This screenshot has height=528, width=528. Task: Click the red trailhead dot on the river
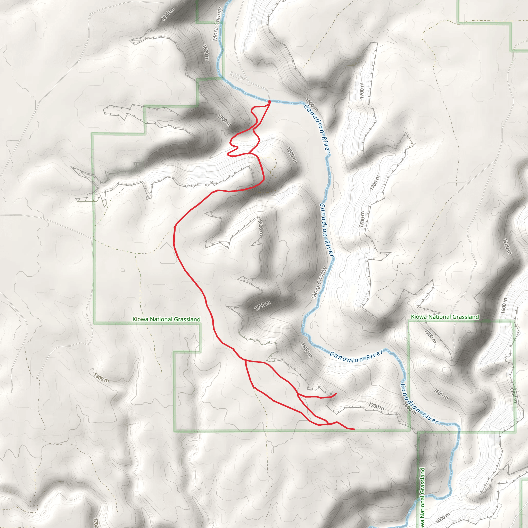[269, 102]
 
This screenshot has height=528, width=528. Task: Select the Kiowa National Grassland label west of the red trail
[166, 319]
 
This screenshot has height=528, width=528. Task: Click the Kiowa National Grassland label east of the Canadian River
[445, 317]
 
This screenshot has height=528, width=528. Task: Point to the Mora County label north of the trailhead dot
[218, 24]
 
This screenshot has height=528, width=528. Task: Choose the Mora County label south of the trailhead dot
[319, 283]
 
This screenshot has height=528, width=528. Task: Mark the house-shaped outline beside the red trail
[168, 253]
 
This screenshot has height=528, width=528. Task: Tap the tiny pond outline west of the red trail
[122, 270]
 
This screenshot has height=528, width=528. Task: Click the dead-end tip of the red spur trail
[336, 393]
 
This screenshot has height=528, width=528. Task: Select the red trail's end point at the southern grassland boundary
[354, 429]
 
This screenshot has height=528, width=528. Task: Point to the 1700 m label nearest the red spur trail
[376, 406]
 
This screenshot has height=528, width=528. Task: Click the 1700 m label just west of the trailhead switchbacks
[224, 120]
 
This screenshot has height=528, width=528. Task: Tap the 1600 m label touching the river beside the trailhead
[311, 105]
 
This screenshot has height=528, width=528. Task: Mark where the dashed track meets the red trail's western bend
[174, 227]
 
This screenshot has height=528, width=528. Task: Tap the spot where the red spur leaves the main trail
[298, 395]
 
